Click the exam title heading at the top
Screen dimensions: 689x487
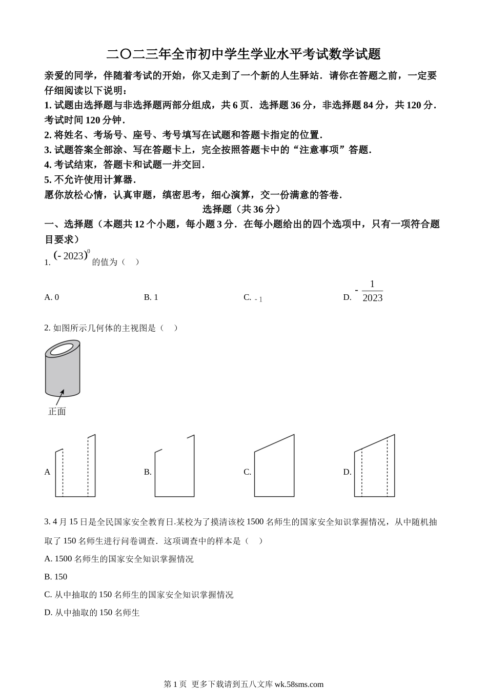coord(243,54)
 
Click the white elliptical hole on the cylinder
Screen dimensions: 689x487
coord(61,350)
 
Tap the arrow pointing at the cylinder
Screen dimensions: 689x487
coord(59,398)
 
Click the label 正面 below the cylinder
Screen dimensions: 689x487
coord(57,412)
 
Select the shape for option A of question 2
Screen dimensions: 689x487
coord(75,467)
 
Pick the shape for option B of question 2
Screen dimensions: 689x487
coord(175,467)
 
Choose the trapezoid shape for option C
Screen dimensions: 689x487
coord(274,467)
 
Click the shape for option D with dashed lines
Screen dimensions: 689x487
coord(374,467)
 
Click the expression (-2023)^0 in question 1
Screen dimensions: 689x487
coord(72,255)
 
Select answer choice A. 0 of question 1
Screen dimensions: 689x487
coord(52,297)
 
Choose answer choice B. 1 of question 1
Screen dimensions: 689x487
coord(151,297)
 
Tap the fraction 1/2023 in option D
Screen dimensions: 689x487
coord(372,292)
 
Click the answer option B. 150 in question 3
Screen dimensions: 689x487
coord(56,577)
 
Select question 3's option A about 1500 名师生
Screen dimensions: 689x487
coord(119,559)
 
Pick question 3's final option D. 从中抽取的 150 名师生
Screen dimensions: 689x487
coord(92,613)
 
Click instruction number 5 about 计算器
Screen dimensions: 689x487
coord(90,179)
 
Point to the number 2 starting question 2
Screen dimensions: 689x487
coord(47,328)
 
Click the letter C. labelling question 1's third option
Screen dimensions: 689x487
coord(247,297)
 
